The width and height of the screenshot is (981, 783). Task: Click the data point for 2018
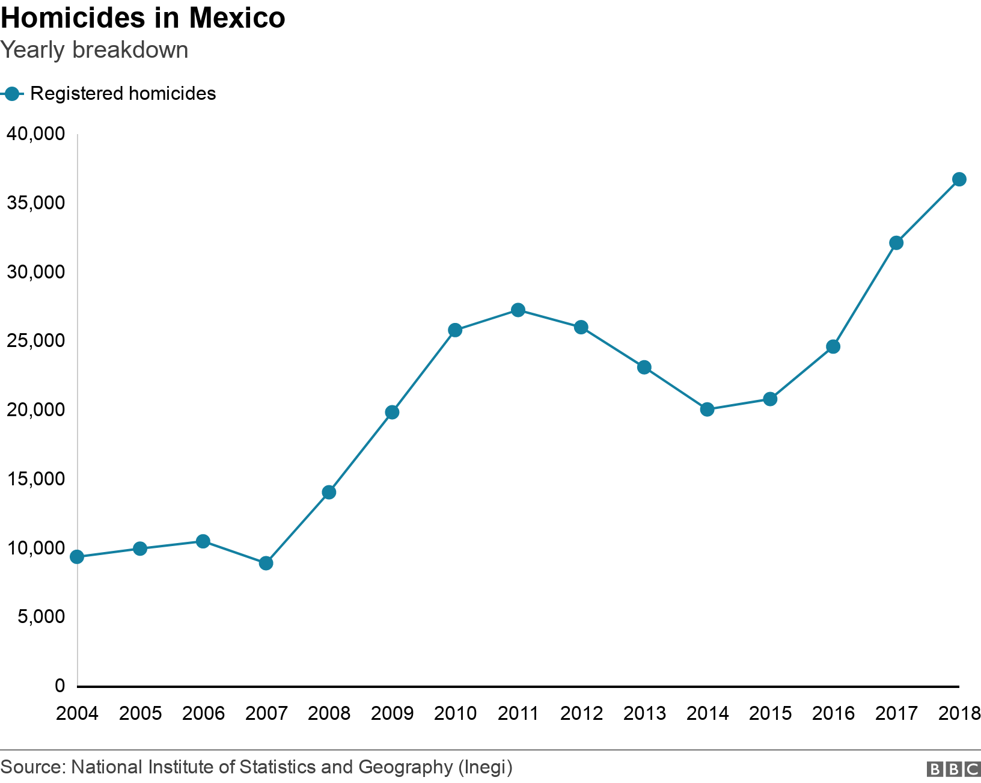coord(959,179)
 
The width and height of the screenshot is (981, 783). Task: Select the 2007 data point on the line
coord(266,563)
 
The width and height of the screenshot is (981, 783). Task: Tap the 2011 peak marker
coord(518,310)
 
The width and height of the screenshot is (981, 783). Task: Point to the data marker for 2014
coord(707,410)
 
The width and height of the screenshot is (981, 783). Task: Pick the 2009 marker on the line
coord(392,413)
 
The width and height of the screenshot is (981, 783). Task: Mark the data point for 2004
coord(77,557)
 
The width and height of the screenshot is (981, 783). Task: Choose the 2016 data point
coord(833,347)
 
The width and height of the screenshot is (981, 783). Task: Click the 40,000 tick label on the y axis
coord(35,134)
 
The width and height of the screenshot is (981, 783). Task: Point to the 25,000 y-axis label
coord(35,341)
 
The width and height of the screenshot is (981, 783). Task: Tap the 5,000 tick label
coord(41,616)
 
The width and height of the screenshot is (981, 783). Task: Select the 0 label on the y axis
coord(60,686)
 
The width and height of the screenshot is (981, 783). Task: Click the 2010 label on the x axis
coord(455,713)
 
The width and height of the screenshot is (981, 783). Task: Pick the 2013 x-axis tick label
coord(644,713)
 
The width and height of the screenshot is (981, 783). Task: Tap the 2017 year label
coord(896,713)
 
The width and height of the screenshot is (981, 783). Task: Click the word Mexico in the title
coord(237,18)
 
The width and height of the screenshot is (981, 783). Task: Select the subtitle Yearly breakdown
coord(94,50)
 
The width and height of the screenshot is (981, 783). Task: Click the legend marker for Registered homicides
coord(11,94)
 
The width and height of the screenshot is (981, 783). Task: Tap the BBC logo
coord(953,769)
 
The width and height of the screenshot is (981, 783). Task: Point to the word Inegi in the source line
coord(485,767)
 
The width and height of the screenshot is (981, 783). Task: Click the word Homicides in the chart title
coord(72,18)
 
